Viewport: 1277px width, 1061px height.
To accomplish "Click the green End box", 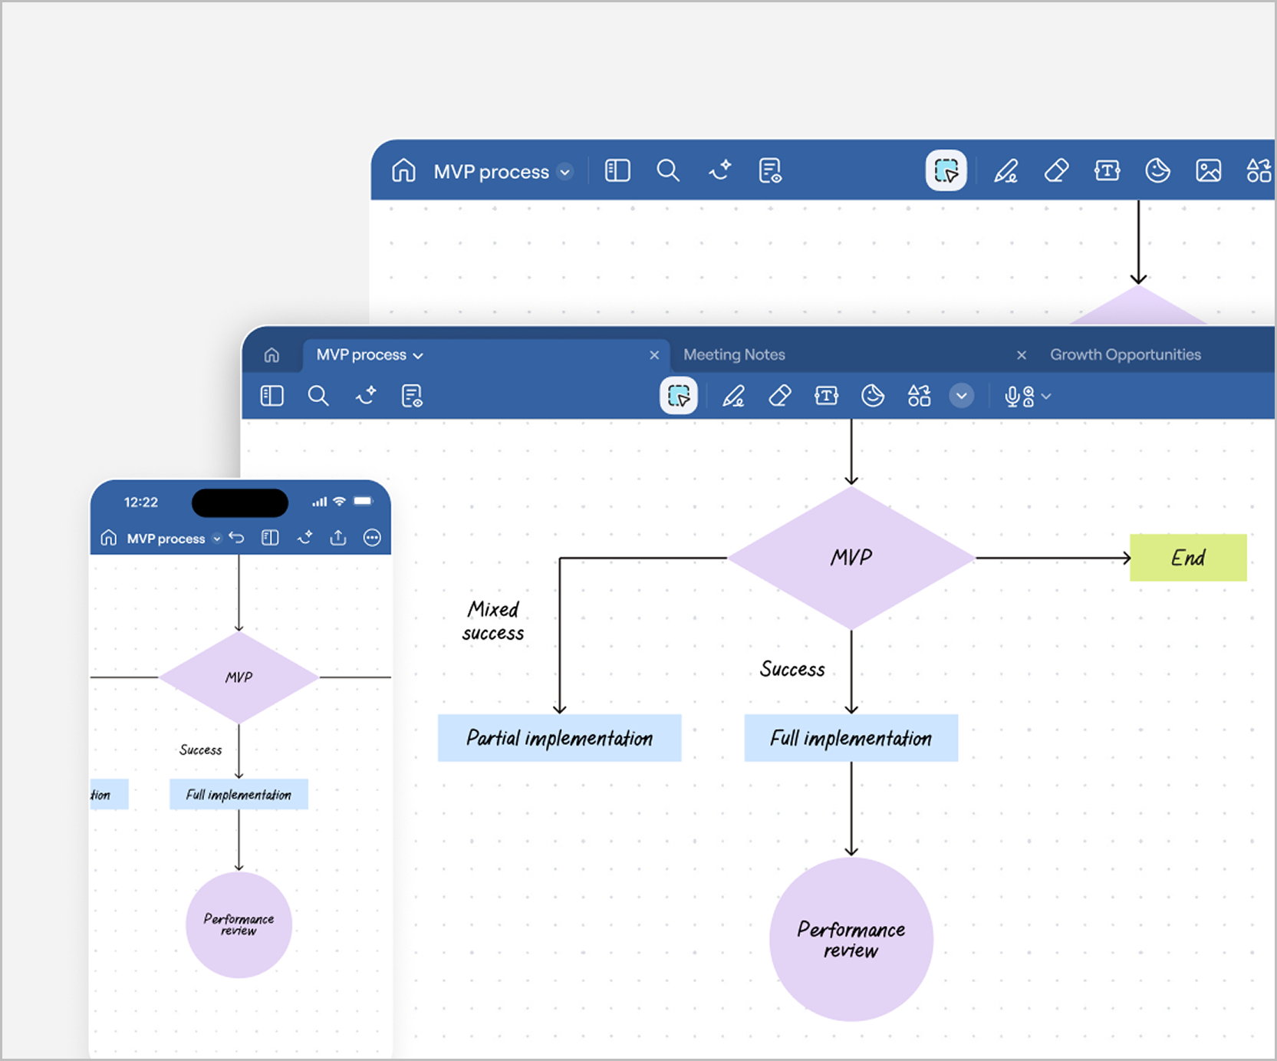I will tap(1187, 558).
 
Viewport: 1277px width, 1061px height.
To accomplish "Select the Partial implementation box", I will tap(559, 738).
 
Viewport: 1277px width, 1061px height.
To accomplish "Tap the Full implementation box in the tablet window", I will tap(851, 738).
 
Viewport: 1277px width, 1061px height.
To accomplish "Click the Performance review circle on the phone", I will tap(239, 924).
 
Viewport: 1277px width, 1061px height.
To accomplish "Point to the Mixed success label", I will tap(493, 621).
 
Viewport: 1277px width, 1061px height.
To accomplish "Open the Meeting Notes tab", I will tap(734, 354).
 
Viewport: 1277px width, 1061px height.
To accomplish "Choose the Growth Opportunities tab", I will tap(1125, 354).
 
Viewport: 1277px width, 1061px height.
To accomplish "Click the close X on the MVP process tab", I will tap(654, 355).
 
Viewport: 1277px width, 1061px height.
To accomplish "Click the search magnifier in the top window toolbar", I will tap(668, 170).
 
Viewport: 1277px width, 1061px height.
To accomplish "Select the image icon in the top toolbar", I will tap(1208, 170).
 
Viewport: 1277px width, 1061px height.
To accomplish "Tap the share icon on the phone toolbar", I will tap(338, 538).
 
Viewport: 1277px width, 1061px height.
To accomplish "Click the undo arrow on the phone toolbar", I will tap(237, 538).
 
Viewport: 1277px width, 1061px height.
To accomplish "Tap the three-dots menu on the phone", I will tap(372, 538).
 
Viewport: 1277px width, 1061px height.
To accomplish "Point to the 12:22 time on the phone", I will tap(141, 502).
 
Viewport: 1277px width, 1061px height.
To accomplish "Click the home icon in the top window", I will tap(403, 170).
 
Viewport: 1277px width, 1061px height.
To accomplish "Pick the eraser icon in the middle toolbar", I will tap(780, 396).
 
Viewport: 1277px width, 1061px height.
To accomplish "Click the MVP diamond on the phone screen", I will tap(239, 677).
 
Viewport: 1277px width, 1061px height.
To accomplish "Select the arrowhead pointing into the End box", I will tap(1126, 558).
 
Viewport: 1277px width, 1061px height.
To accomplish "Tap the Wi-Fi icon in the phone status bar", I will tap(339, 502).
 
